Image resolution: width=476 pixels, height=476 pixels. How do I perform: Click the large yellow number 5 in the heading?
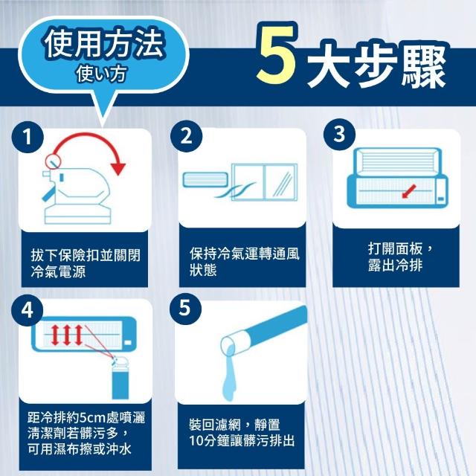[x=276, y=54]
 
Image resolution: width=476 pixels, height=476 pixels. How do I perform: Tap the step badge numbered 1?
[x=28, y=137]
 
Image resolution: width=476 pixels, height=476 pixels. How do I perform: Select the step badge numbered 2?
[x=186, y=136]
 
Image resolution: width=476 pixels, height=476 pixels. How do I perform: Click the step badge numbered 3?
[x=339, y=134]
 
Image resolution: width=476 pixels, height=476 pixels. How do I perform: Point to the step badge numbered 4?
[x=27, y=310]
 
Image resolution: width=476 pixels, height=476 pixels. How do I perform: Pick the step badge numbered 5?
[x=185, y=309]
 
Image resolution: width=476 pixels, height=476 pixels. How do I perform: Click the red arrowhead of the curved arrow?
[x=118, y=169]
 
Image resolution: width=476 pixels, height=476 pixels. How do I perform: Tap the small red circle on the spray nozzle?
[x=53, y=161]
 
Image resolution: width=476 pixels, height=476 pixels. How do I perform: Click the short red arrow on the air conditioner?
[x=408, y=191]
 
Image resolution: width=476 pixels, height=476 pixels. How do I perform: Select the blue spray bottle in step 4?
[x=120, y=377]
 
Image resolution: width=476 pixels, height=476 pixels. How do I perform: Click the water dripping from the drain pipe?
[x=229, y=373]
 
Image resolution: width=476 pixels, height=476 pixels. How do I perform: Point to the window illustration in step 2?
[x=264, y=182]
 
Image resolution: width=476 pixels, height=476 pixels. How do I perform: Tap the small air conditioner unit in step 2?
[x=205, y=179]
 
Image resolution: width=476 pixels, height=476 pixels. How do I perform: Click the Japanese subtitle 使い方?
[x=101, y=74]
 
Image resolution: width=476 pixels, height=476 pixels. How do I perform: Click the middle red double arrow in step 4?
[x=67, y=335]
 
